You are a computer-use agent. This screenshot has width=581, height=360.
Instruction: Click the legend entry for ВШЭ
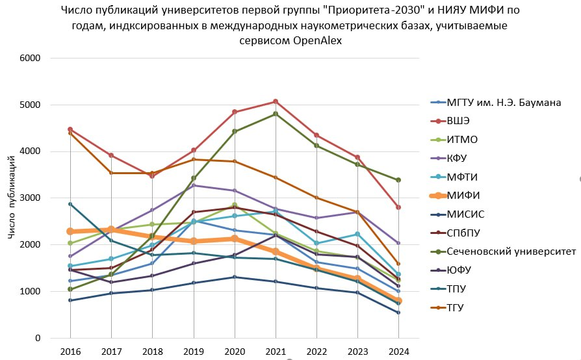(458, 120)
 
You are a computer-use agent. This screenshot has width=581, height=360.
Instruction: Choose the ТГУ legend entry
(457, 307)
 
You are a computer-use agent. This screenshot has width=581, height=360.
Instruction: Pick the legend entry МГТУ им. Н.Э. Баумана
(504, 102)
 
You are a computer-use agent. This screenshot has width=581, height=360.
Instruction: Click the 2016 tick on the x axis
(70, 352)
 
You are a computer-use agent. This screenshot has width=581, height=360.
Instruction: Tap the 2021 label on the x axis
(276, 352)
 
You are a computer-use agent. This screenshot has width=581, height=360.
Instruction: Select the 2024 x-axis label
(399, 352)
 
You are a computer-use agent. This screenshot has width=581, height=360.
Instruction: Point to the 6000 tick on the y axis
(30, 58)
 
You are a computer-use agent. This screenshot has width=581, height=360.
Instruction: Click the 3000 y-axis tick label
(30, 198)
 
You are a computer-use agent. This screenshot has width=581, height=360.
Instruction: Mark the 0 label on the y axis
(38, 339)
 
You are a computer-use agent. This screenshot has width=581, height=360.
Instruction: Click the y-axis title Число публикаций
(13, 198)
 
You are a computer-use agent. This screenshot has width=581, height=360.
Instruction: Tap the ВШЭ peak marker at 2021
(276, 101)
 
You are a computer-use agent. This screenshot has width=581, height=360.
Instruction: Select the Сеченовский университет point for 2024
(399, 180)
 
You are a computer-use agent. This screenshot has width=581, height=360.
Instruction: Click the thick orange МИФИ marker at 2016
(70, 231)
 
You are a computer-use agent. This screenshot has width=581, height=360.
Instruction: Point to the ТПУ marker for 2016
(70, 204)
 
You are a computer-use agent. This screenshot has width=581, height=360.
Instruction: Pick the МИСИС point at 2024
(399, 313)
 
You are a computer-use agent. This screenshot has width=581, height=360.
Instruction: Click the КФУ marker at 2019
(193, 185)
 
